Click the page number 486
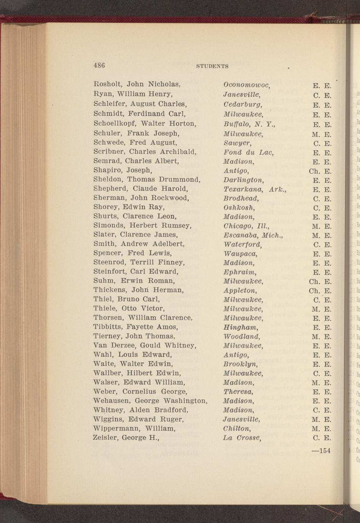(99, 65)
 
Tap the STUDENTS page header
(212, 66)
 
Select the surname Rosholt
(108, 84)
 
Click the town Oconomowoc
(246, 85)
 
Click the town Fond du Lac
(249, 152)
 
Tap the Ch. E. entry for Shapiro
(320, 171)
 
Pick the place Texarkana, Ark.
(255, 189)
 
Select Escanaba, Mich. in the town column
(253, 235)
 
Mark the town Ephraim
(240, 272)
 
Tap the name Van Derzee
(114, 345)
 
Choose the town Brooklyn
(241, 364)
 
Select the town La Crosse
(242, 438)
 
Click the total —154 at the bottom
(321, 451)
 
